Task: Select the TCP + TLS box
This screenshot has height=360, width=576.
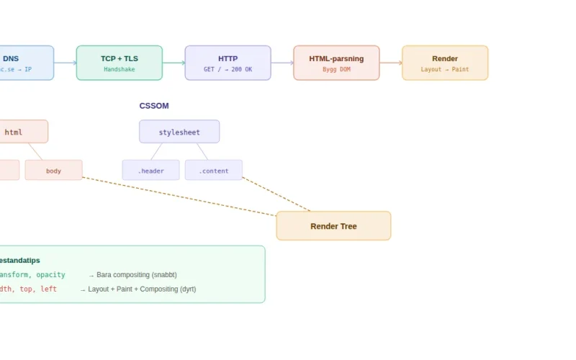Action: click(x=120, y=63)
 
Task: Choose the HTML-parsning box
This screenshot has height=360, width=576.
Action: click(x=336, y=63)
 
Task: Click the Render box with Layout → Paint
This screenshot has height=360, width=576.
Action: click(x=445, y=63)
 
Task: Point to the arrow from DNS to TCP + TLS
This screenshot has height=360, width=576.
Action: click(x=66, y=63)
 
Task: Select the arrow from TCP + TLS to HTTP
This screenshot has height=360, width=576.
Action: click(x=174, y=63)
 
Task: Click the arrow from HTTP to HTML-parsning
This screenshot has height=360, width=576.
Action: click(x=282, y=63)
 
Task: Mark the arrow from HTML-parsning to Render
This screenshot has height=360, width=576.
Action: click(x=391, y=63)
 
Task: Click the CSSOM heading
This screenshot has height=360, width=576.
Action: click(x=154, y=106)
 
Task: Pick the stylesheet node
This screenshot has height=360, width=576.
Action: click(x=179, y=132)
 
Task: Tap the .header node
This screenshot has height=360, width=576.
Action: click(x=150, y=171)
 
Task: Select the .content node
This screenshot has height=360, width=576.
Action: click(x=214, y=171)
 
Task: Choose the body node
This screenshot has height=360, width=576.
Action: click(x=54, y=171)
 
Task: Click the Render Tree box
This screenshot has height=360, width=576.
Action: click(x=333, y=226)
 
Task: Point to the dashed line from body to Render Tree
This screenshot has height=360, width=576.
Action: click(x=180, y=196)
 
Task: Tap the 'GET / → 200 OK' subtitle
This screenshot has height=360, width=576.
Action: click(x=228, y=70)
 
